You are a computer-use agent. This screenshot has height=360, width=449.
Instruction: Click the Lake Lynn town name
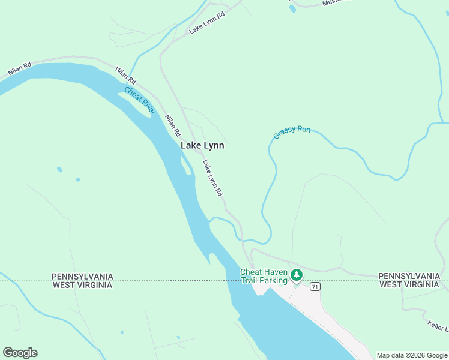pos(202,146)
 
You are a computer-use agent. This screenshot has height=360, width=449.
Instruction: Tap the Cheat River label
pos(140,100)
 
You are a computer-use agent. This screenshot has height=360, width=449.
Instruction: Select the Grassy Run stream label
pos(292,132)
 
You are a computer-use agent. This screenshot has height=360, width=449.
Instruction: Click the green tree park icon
pos(296,275)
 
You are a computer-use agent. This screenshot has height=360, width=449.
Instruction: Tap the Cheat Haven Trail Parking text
pos(264,276)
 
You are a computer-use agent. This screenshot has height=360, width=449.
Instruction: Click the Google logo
pos(20,353)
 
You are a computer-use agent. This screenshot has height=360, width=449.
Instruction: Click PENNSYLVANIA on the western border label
pos(82,277)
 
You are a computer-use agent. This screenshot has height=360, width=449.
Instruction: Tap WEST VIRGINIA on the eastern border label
pos(409,284)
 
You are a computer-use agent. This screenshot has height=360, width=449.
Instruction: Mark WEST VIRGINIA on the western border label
pos(82,285)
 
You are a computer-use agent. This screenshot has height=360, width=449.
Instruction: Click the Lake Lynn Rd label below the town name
pos(212,178)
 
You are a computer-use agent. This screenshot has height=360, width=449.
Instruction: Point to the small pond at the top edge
pos(292,9)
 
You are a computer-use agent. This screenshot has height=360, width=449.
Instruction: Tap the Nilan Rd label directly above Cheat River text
pos(126,76)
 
